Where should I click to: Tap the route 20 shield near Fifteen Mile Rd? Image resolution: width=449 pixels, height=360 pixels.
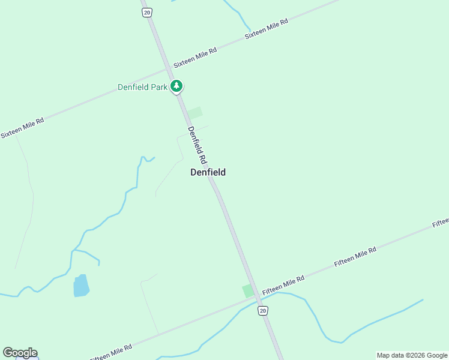(x=263, y=310)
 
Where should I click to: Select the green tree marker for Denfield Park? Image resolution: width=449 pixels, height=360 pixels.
(x=176, y=86)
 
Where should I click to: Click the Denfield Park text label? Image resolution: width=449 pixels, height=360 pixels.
(x=142, y=87)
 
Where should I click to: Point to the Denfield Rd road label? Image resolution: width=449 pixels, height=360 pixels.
(x=197, y=145)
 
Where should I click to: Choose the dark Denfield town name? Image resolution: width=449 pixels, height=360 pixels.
(x=208, y=172)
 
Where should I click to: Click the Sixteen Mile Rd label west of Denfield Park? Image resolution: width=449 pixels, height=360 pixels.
(x=22, y=128)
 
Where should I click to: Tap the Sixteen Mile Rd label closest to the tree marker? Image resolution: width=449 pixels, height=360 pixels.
(x=195, y=56)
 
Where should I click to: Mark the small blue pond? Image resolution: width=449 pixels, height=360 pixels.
(x=80, y=286)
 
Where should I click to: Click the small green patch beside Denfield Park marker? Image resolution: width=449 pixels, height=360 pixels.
(x=194, y=113)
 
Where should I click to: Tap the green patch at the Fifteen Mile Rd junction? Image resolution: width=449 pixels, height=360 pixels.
(x=248, y=291)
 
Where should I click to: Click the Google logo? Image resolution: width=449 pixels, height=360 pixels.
(x=20, y=353)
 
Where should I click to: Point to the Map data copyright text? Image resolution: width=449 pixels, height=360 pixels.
(x=411, y=355)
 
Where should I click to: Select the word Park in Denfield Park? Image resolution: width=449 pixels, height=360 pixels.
(x=158, y=87)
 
